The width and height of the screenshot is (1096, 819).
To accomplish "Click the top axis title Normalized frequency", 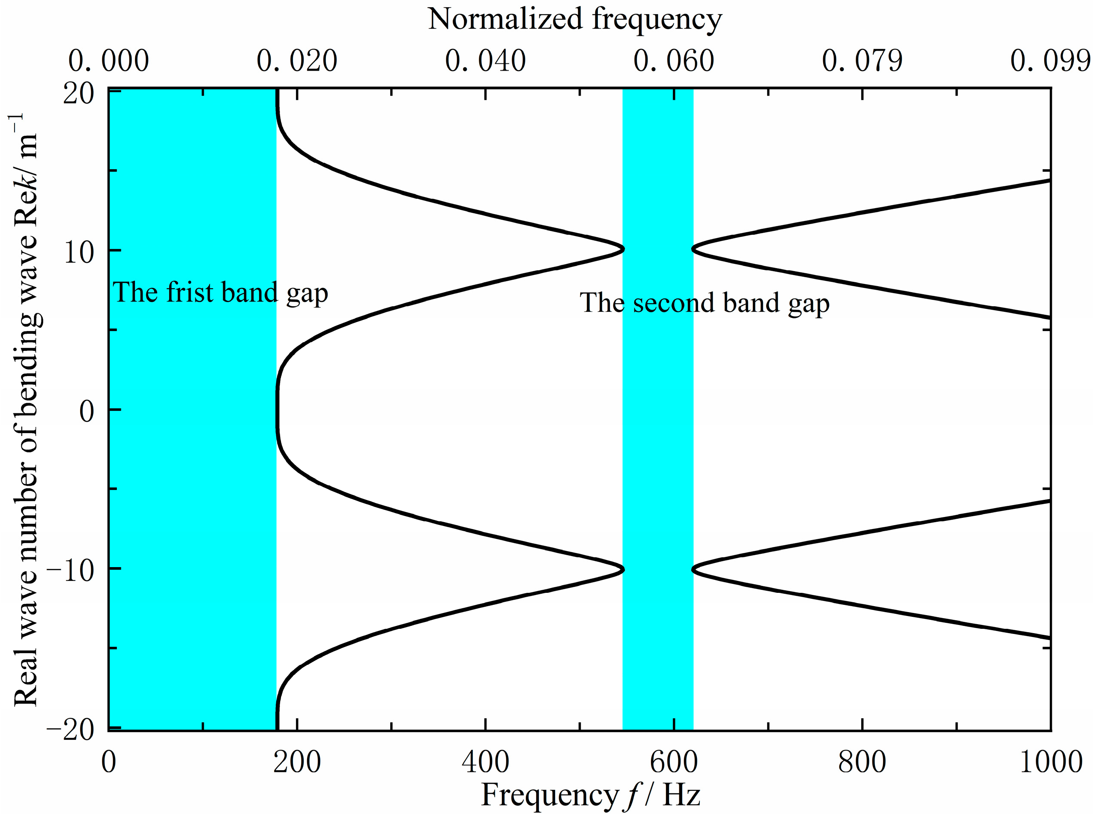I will tap(575, 20).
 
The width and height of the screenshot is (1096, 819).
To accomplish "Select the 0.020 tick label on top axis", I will tap(297, 61).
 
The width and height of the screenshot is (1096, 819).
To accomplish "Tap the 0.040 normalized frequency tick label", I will tap(485, 61).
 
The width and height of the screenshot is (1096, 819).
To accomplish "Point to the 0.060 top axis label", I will tap(674, 61).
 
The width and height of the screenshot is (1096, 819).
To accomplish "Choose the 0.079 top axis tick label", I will tap(862, 61).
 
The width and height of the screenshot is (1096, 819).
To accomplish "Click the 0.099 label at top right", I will tap(1051, 61).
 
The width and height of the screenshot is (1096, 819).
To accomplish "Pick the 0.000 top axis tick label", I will tap(108, 61).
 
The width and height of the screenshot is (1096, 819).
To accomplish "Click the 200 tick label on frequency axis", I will tap(297, 762).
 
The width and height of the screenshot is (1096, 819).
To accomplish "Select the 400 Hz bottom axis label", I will tap(485, 762).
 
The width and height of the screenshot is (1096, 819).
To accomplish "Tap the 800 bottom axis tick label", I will tap(862, 762).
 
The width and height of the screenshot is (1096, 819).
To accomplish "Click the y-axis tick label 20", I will tap(78, 93).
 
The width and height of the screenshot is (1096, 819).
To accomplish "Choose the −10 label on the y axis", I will tap(70, 570).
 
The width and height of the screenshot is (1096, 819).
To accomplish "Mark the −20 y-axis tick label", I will tap(70, 730).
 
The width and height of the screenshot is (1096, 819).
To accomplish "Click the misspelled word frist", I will tap(190, 292).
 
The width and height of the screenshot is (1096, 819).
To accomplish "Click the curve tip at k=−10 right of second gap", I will tap(694, 569).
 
